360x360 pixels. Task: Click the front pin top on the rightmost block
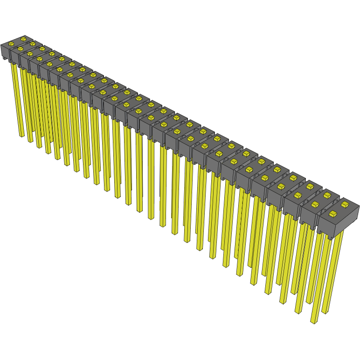tap(333, 214)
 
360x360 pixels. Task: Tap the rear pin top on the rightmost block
tap(345, 204)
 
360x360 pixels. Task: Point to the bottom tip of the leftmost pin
tap(21, 136)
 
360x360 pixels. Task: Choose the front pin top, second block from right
tap(315, 204)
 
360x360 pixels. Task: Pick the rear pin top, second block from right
tap(327, 194)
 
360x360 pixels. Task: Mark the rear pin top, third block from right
tap(310, 186)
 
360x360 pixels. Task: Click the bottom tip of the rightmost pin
tap(325, 312)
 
